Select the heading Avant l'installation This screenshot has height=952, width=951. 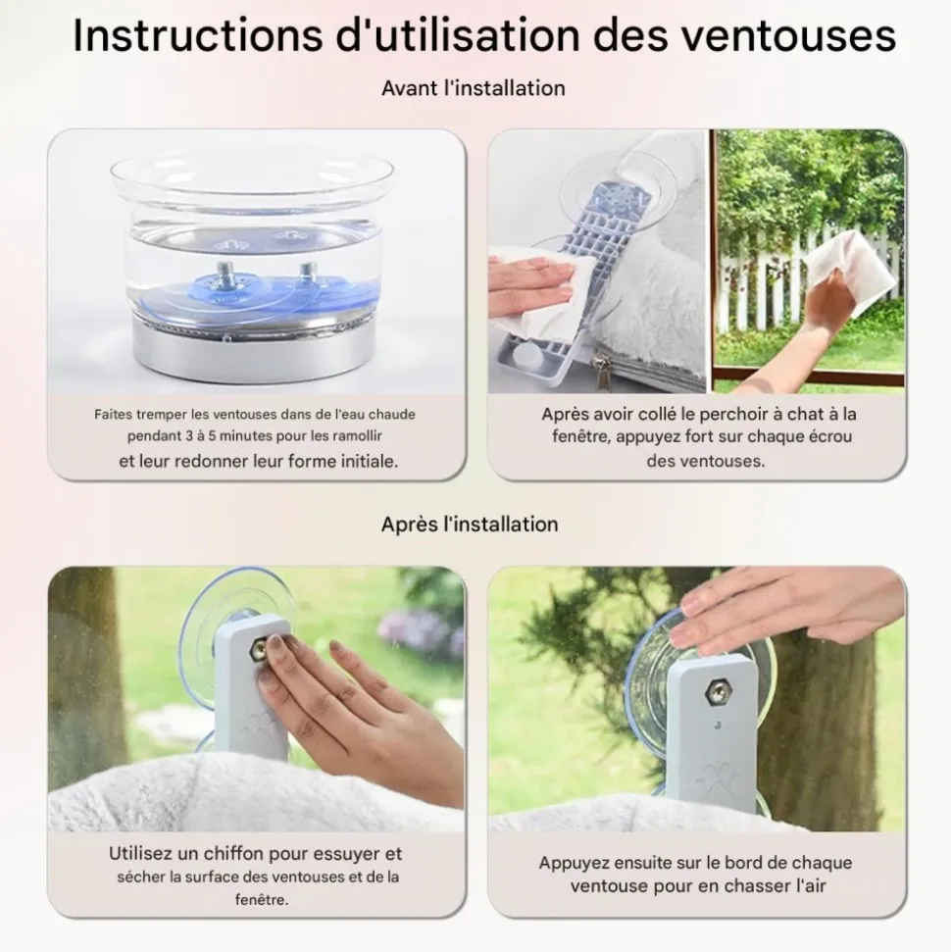(x=474, y=88)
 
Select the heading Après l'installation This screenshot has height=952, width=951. (x=470, y=524)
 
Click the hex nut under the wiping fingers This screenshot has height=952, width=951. (x=259, y=651)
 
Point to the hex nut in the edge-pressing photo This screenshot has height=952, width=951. (x=717, y=693)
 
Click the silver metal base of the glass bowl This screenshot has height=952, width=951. (x=254, y=351)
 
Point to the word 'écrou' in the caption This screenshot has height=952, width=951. (x=826, y=436)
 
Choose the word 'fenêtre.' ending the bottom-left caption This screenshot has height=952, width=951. (x=262, y=899)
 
